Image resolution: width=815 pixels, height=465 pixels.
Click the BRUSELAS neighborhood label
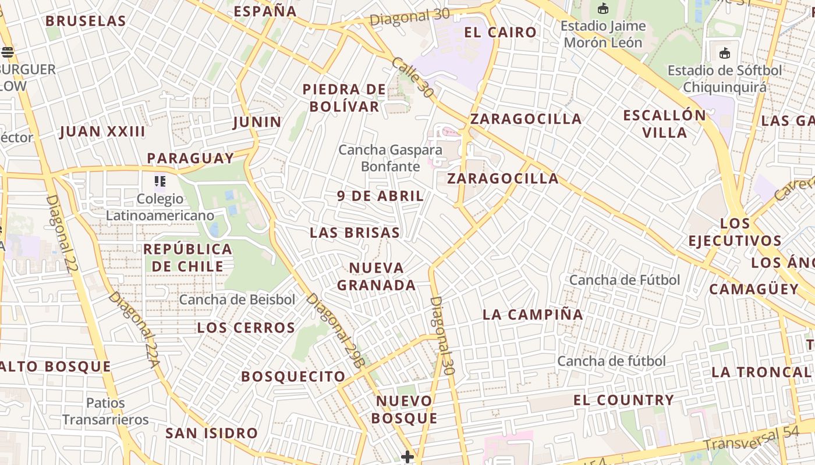[x=86, y=21]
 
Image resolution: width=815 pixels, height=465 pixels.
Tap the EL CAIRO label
[x=500, y=32]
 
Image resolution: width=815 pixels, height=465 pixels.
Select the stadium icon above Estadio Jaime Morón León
[x=603, y=9]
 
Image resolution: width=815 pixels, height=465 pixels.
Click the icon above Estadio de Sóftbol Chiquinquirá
[x=724, y=53]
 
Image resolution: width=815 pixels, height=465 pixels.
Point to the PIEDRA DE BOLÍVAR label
[x=344, y=98]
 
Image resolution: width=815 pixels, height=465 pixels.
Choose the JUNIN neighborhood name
[x=257, y=122]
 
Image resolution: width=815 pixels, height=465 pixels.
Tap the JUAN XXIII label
[x=102, y=131]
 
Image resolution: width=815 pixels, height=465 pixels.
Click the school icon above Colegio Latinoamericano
[x=160, y=181]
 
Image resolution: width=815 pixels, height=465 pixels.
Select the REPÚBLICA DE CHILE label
[x=187, y=257]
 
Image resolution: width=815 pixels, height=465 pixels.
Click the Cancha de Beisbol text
[x=237, y=300]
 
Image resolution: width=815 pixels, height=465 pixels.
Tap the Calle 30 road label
[x=413, y=77]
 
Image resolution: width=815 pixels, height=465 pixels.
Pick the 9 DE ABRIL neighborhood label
[x=381, y=196]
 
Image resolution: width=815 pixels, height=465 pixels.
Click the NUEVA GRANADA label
[x=377, y=277]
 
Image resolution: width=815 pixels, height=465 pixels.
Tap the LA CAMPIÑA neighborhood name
[x=533, y=314]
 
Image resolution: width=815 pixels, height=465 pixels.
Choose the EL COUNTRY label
[x=623, y=400]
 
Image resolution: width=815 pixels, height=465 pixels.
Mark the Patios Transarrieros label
[x=105, y=411]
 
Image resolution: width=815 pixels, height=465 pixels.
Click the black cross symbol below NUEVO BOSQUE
[x=408, y=457]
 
